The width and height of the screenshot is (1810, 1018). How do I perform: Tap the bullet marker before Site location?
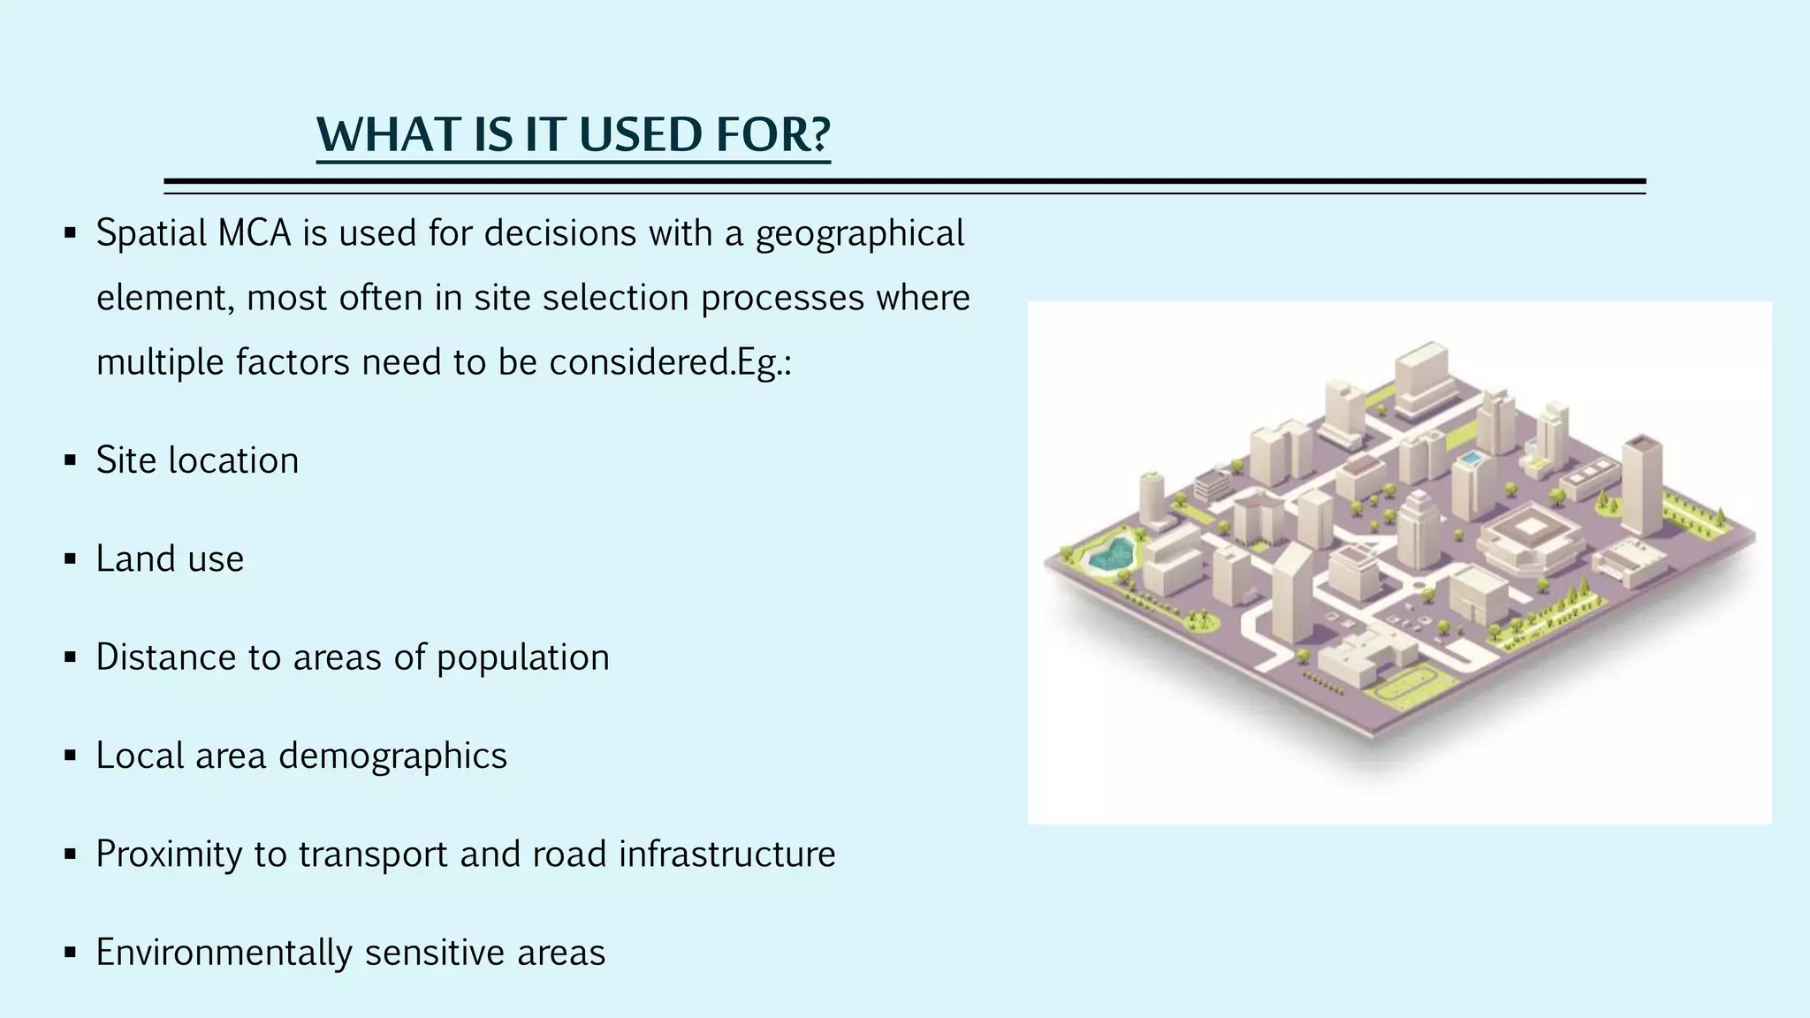[x=71, y=460]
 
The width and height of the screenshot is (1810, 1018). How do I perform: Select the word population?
[x=522, y=658]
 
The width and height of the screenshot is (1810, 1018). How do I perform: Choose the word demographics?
[x=392, y=756]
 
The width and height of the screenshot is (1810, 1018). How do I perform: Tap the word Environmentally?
[x=224, y=953]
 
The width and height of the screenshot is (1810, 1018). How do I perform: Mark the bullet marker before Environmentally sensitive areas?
[x=71, y=953]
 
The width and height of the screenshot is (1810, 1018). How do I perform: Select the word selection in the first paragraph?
[x=616, y=298]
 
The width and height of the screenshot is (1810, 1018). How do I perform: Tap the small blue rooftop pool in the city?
[x=1471, y=459]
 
